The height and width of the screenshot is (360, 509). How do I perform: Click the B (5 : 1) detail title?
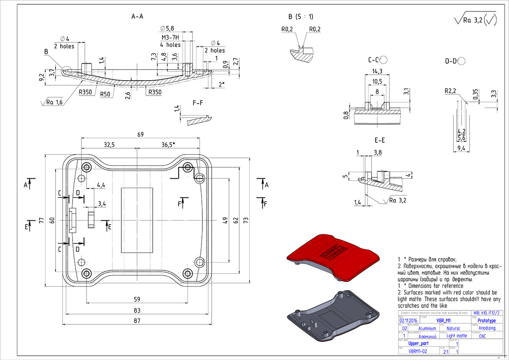[x=300, y=17]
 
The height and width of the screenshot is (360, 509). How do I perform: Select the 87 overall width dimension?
[x=136, y=321]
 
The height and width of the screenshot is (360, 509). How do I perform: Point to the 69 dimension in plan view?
[x=140, y=135]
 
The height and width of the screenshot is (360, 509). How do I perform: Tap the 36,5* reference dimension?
[x=168, y=145]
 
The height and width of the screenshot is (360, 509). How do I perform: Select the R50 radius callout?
[x=106, y=93]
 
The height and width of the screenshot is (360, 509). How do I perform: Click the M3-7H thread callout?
[x=170, y=37]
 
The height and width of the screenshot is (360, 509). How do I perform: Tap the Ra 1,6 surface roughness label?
[x=54, y=102]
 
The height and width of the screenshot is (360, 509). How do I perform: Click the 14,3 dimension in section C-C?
[x=377, y=71]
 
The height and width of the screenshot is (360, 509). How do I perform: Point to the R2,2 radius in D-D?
[x=450, y=91]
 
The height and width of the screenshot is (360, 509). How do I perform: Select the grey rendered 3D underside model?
[x=333, y=314]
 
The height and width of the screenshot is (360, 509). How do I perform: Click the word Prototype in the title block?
[x=486, y=321]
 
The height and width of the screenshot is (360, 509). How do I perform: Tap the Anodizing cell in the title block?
[x=486, y=328]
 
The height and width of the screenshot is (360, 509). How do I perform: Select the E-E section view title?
[x=380, y=140]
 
